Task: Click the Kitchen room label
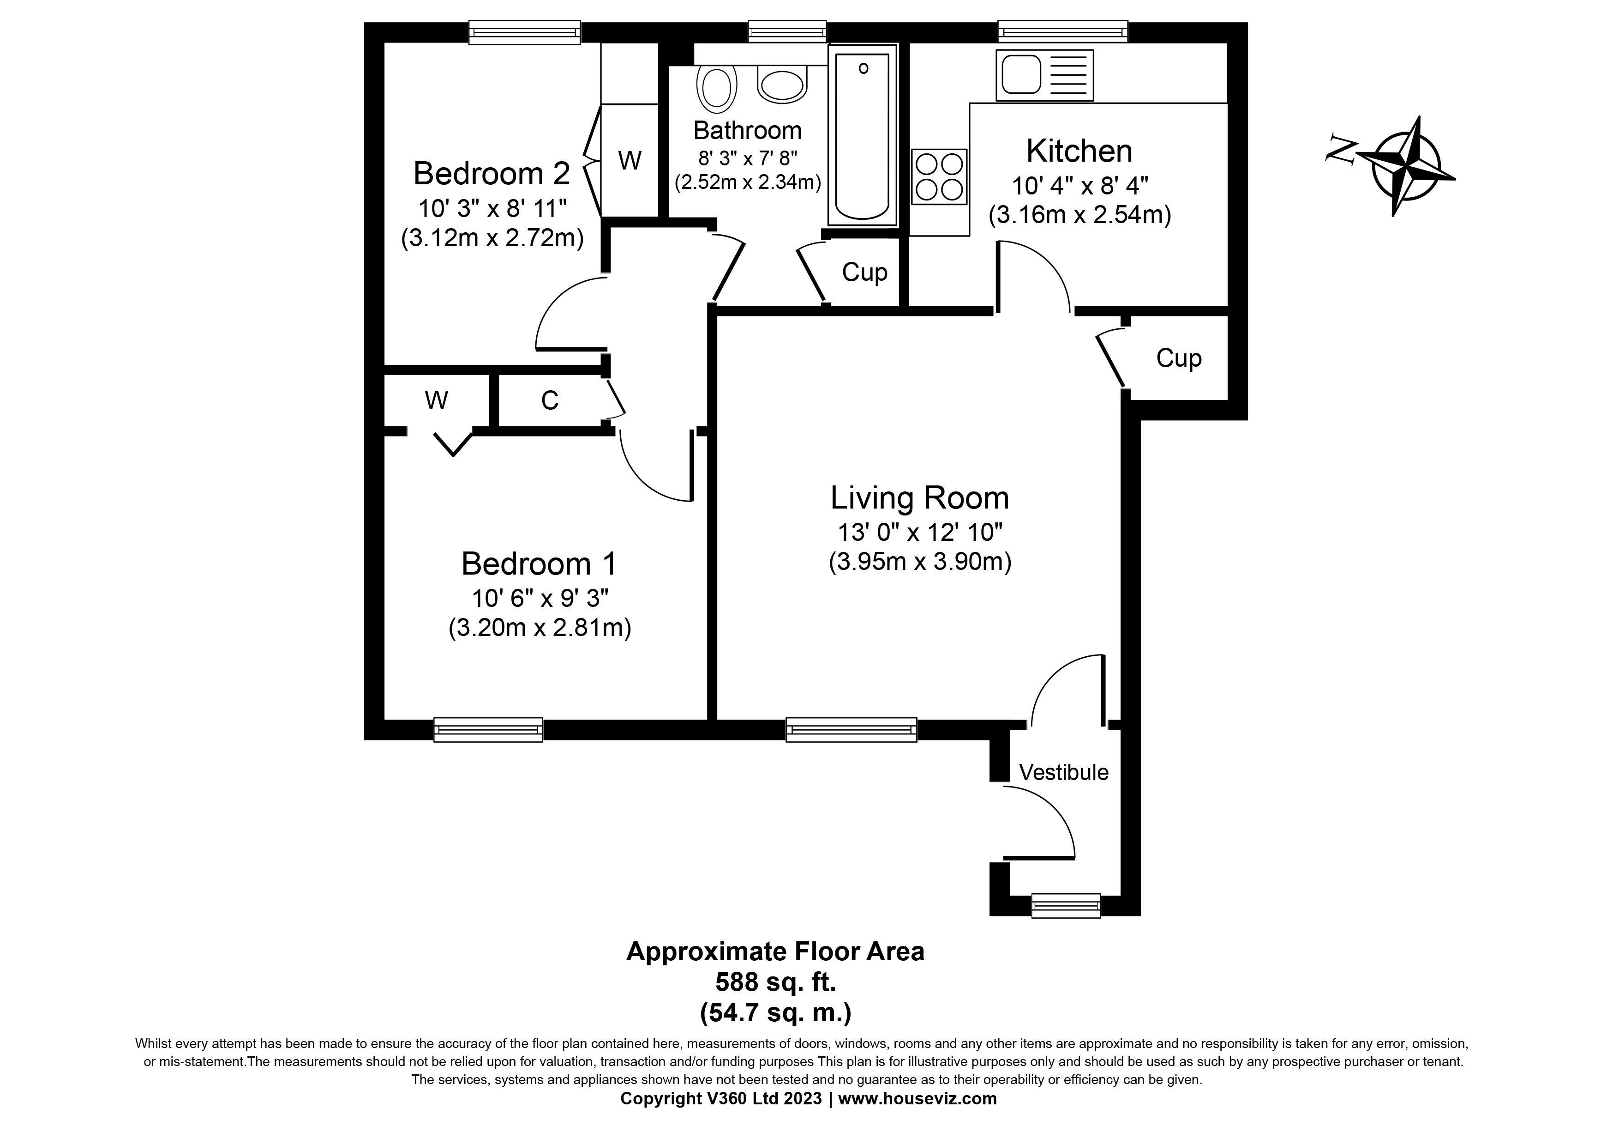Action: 1079,151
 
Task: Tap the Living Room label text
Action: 919,498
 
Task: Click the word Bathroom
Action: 748,131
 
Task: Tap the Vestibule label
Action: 1063,773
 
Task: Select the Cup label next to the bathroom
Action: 864,273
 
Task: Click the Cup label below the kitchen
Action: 1178,358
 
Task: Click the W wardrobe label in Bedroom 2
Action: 630,161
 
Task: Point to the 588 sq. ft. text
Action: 776,982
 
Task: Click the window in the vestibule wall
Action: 1066,905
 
